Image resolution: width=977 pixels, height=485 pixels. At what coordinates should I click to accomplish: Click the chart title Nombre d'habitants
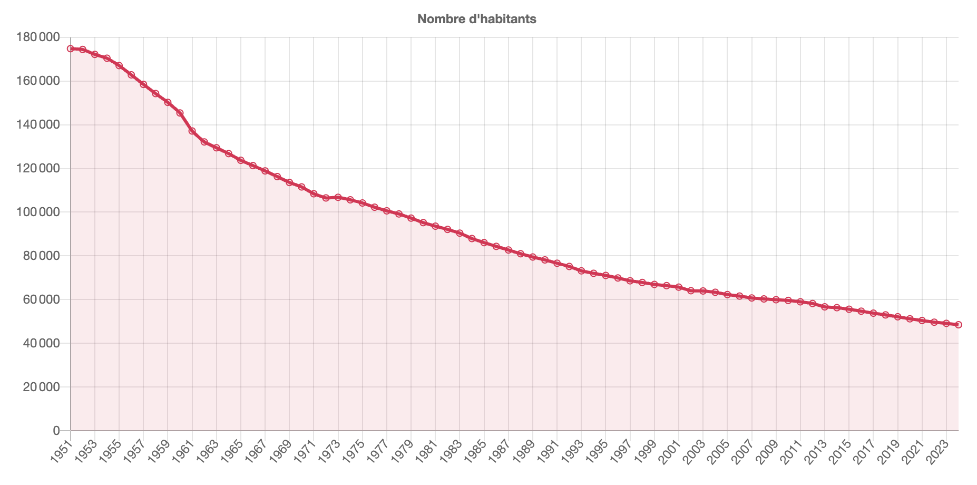tap(476, 20)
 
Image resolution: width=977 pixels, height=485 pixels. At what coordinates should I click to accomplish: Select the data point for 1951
tap(71, 48)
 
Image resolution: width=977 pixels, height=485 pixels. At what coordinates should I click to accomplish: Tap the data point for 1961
tap(192, 131)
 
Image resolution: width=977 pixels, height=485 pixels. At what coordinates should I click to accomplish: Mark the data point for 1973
tap(338, 197)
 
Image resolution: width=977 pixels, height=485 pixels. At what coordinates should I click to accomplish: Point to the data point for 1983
tap(460, 233)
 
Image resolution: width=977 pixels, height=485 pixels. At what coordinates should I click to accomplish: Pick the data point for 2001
tap(679, 287)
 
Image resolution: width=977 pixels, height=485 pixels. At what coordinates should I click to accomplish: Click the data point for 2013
tap(825, 307)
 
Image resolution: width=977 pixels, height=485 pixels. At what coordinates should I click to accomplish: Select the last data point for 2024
tap(959, 325)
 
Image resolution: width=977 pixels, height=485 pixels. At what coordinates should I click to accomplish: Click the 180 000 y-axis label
tap(38, 37)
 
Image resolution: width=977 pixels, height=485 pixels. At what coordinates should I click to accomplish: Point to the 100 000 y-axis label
tap(38, 212)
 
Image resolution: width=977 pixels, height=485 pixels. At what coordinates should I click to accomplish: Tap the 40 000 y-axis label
tap(41, 344)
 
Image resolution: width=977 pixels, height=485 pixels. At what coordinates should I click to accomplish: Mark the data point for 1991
tap(557, 263)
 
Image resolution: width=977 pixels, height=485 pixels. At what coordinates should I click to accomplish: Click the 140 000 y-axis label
tap(38, 125)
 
